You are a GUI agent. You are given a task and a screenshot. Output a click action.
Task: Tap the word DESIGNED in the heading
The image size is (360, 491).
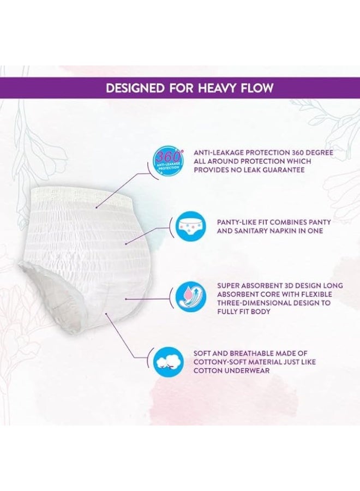point(135,88)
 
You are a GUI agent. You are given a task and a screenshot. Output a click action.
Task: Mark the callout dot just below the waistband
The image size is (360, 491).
point(97,207)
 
